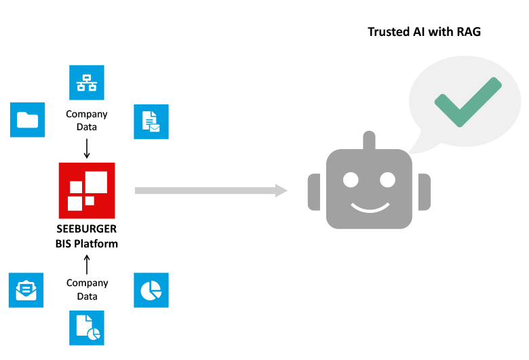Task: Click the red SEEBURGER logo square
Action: click(87, 187)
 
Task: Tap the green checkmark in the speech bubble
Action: click(468, 101)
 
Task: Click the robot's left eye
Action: click(351, 180)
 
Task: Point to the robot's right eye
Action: click(387, 180)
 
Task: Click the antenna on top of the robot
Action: click(369, 141)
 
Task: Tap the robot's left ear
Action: click(314, 193)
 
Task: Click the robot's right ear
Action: click(424, 193)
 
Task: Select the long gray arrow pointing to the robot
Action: click(211, 190)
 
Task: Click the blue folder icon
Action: click(28, 120)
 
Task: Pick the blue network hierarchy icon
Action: click(87, 82)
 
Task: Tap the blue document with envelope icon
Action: click(151, 121)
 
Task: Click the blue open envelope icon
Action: click(26, 290)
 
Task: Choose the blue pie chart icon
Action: click(151, 290)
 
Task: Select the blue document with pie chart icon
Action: click(87, 328)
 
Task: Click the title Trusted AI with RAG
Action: click(424, 32)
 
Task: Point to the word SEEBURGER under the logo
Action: click(87, 230)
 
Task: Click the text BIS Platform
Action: click(87, 243)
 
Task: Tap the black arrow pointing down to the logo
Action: click(87, 147)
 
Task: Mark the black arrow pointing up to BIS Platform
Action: click(87, 264)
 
